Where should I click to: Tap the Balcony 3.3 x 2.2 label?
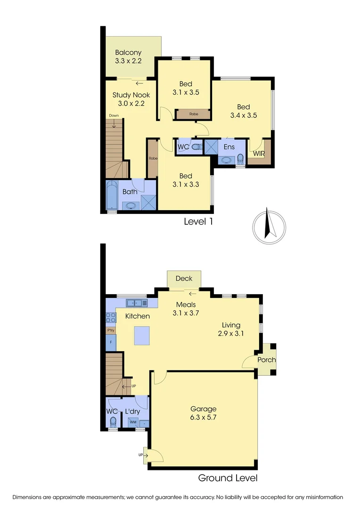[128, 57]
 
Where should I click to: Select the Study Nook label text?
[131, 95]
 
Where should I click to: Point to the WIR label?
[259, 154]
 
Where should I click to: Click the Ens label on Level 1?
[229, 147]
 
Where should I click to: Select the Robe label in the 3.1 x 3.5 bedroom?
[194, 114]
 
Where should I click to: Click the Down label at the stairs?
[114, 115]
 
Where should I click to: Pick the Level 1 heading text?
[198, 221]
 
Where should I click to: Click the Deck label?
[184, 279]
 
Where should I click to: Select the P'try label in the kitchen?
[111, 330]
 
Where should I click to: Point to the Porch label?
[266, 360]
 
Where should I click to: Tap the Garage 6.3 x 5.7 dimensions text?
[203, 417]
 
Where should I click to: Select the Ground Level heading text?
[228, 478]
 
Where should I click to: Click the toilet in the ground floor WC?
[113, 424]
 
